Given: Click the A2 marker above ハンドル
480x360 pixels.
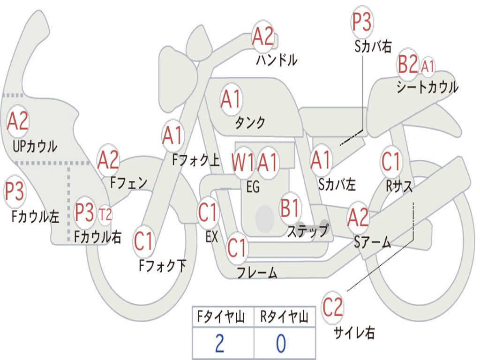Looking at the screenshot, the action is pos(262,36).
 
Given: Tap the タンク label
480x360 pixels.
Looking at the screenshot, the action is pos(250,123).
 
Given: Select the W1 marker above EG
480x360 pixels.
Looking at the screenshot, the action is pos(243,163).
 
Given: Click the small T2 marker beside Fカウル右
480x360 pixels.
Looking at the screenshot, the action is pos(105,215).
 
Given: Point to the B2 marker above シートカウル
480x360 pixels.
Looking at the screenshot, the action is pos(407,65).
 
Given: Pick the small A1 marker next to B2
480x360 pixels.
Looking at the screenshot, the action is pos(427,66).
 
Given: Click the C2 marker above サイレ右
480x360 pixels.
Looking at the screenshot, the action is pos(332,307).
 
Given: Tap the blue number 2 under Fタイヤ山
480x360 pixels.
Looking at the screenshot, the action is pos(219,344).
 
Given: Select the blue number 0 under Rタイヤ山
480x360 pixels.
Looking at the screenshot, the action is pos(281,344).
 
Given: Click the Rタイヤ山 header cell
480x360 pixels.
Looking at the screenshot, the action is pos(284,318).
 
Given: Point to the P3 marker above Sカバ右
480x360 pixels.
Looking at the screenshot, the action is pos(361,22).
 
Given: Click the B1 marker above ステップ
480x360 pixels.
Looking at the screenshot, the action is pos(290,208).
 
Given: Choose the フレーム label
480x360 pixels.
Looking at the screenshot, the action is pos(257,273).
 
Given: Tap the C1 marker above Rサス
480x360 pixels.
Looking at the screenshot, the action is pos(391,162).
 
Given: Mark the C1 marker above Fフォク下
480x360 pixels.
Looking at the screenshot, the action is pos(143,242).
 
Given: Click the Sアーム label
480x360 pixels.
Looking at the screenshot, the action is pos(372,242).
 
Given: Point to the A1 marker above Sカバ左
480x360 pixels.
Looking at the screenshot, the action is pos(321,161).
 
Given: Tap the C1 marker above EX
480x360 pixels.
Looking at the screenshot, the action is pos(208,213).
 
